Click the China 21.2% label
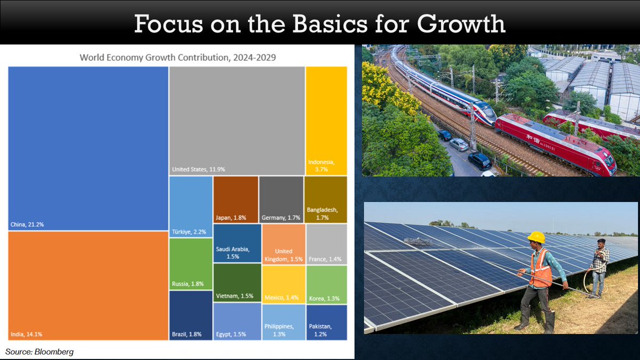pos(27,225)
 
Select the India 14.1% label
pos(26,334)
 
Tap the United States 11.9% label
pos(198,169)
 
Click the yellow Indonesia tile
pos(326,121)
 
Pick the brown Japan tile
pos(236,199)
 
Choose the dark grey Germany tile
pos(281,199)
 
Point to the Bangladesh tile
pos(326,199)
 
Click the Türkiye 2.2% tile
pos(191,206)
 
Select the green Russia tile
pos(191,264)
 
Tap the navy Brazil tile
pos(191,315)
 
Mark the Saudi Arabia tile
pos(237,243)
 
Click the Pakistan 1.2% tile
pos(326,322)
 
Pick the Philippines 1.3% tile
pos(284,322)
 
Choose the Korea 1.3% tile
pos(326,285)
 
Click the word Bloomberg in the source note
pos(54,351)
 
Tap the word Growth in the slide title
pos(461,25)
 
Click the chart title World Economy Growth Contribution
pos(178,58)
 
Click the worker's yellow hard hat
pos(537,237)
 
